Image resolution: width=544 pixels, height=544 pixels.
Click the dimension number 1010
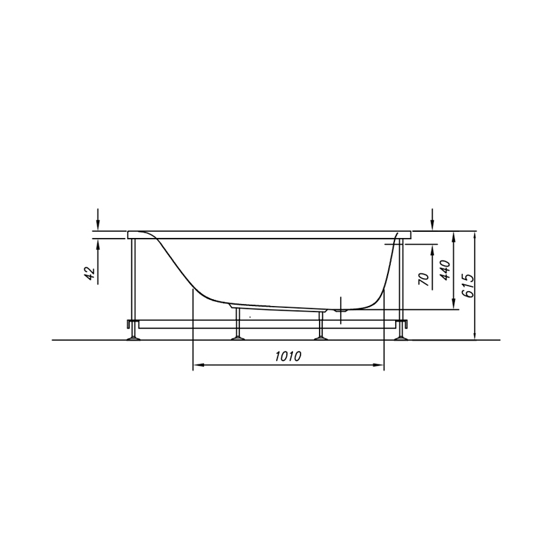click(288, 356)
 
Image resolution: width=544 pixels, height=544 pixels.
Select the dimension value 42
click(90, 273)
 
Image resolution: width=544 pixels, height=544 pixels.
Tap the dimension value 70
click(424, 279)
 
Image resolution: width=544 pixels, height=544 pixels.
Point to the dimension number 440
click(445, 270)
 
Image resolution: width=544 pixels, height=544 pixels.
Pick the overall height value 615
click(469, 286)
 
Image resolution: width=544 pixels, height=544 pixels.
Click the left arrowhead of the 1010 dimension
click(198, 365)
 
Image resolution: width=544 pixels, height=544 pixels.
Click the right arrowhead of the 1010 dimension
click(379, 365)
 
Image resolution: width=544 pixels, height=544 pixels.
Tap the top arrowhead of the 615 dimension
click(475, 235)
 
